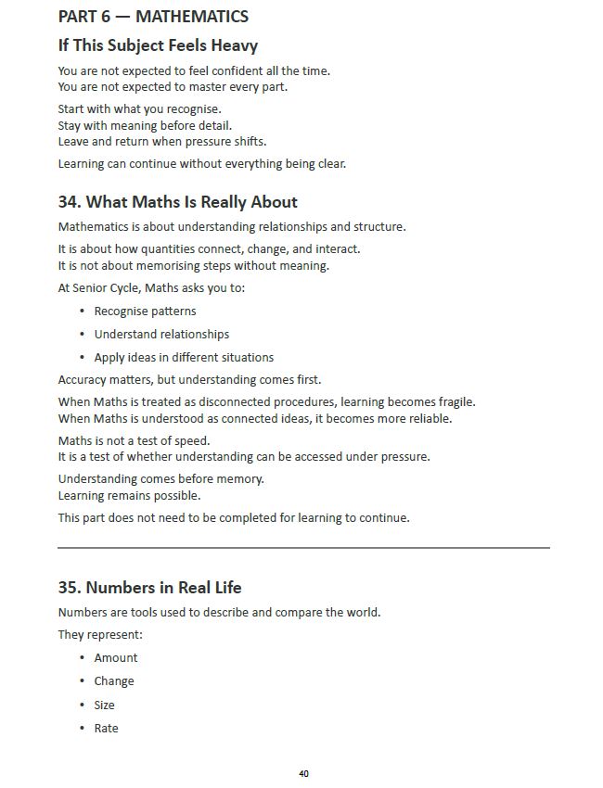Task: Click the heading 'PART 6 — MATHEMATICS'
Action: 153,17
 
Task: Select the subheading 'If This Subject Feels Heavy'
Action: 158,45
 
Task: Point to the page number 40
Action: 303,773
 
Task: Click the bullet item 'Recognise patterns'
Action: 145,311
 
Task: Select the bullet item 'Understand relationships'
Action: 161,335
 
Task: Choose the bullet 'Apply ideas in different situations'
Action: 184,358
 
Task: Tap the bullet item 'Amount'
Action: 116,658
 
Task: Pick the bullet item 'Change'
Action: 114,681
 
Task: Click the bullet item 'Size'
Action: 104,705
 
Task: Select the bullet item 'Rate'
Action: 106,729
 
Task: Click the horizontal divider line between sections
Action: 303,548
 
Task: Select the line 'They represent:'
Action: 100,635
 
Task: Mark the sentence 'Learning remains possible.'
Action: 129,496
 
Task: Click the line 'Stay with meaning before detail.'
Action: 145,125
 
